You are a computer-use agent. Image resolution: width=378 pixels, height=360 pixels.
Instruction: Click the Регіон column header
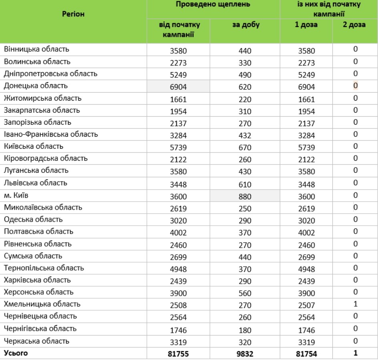(73, 14)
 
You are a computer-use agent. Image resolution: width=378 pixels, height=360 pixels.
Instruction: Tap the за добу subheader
(246, 25)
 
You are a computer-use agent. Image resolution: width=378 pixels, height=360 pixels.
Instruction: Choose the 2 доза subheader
(354, 25)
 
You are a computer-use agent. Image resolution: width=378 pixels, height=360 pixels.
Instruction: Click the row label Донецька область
(36, 86)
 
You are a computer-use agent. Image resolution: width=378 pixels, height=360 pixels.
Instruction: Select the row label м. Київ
(16, 195)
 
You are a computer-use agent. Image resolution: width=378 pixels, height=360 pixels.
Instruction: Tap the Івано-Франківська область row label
(51, 134)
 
